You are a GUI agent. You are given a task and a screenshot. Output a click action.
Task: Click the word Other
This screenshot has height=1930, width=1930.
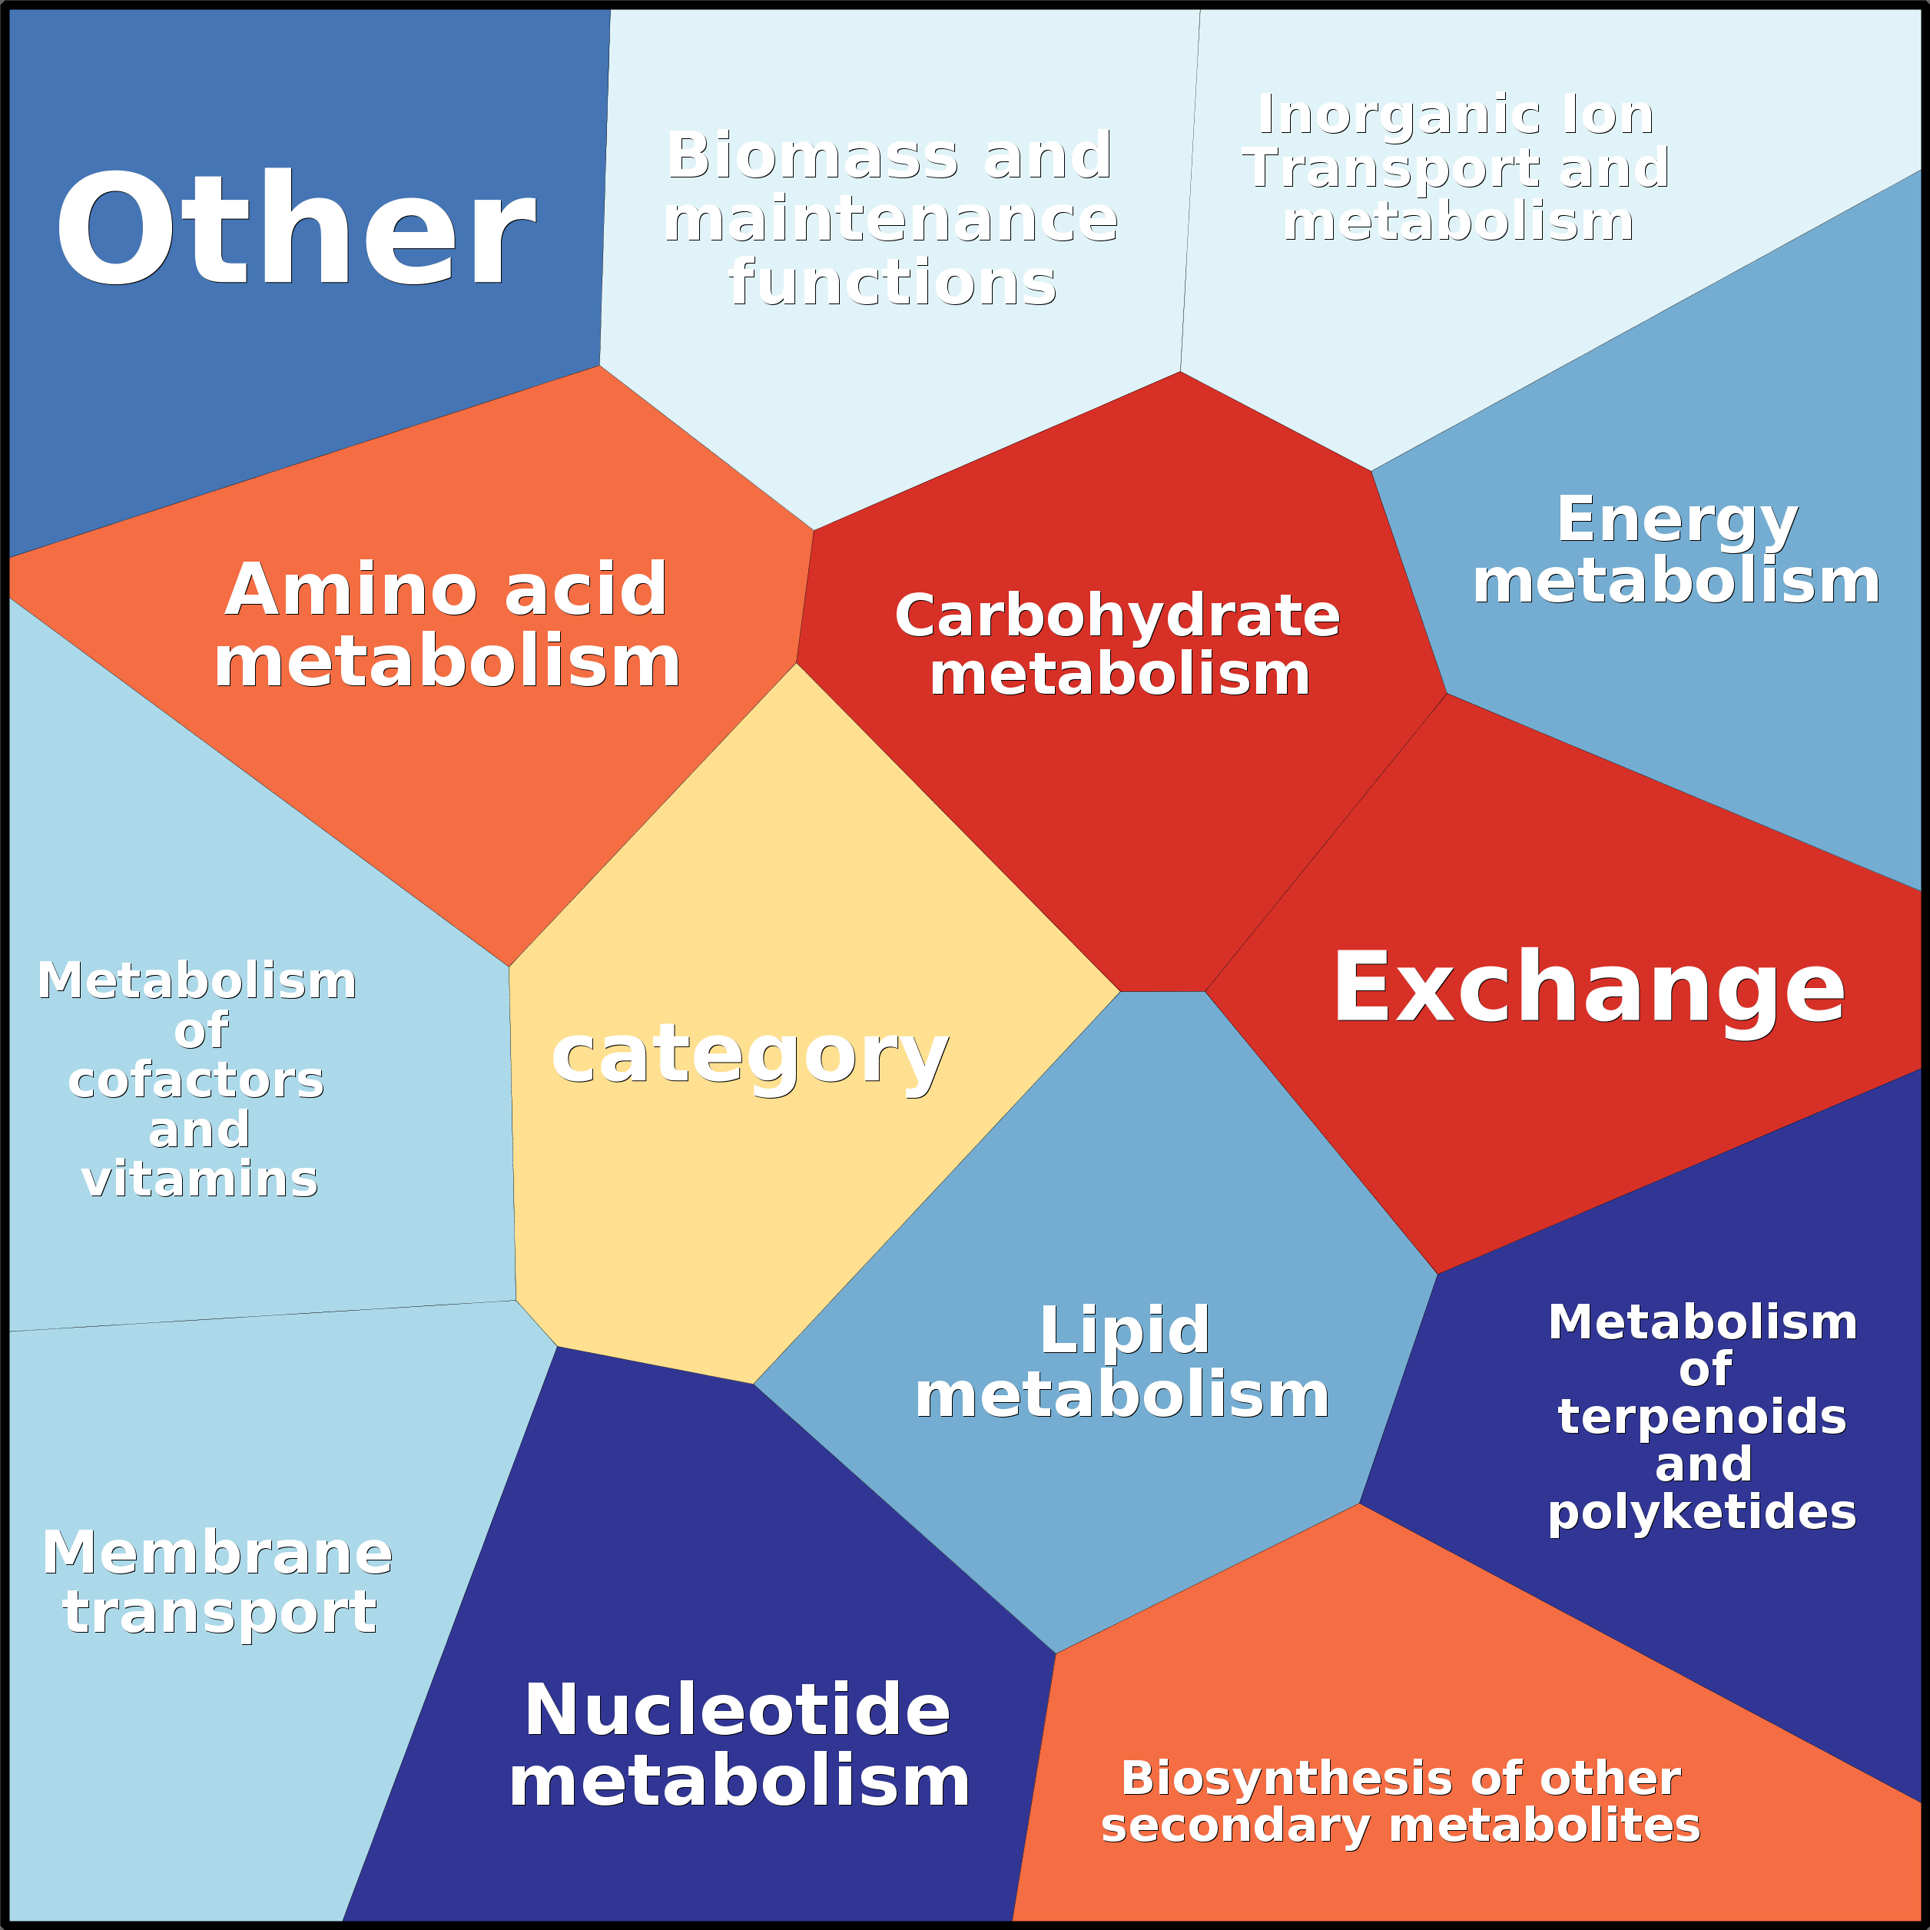(x=296, y=230)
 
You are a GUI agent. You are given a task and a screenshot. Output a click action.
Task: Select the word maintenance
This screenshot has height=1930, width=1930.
(x=890, y=220)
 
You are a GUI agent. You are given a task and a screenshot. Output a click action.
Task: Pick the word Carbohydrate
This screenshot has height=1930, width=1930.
(x=1117, y=615)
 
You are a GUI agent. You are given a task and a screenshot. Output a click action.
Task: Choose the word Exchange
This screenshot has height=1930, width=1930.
(x=1588, y=988)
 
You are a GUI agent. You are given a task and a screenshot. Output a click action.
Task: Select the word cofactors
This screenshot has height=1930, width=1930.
(x=197, y=1081)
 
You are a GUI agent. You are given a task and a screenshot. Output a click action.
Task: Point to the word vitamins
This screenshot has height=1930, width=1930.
(x=200, y=1180)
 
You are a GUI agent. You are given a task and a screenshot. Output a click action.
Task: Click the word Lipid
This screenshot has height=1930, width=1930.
(x=1124, y=1331)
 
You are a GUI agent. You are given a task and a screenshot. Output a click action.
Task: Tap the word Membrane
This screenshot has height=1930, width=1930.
(x=217, y=1554)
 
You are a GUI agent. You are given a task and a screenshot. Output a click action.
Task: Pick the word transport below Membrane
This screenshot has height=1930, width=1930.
(x=220, y=1613)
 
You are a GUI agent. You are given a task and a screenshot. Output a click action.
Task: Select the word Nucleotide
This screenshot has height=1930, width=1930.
(x=738, y=1709)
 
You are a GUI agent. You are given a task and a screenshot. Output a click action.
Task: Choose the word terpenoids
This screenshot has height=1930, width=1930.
(x=1703, y=1417)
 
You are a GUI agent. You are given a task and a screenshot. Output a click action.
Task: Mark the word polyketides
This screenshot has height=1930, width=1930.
(x=1703, y=1511)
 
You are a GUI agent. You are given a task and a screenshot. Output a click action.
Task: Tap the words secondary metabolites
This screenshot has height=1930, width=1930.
(x=1401, y=1825)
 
